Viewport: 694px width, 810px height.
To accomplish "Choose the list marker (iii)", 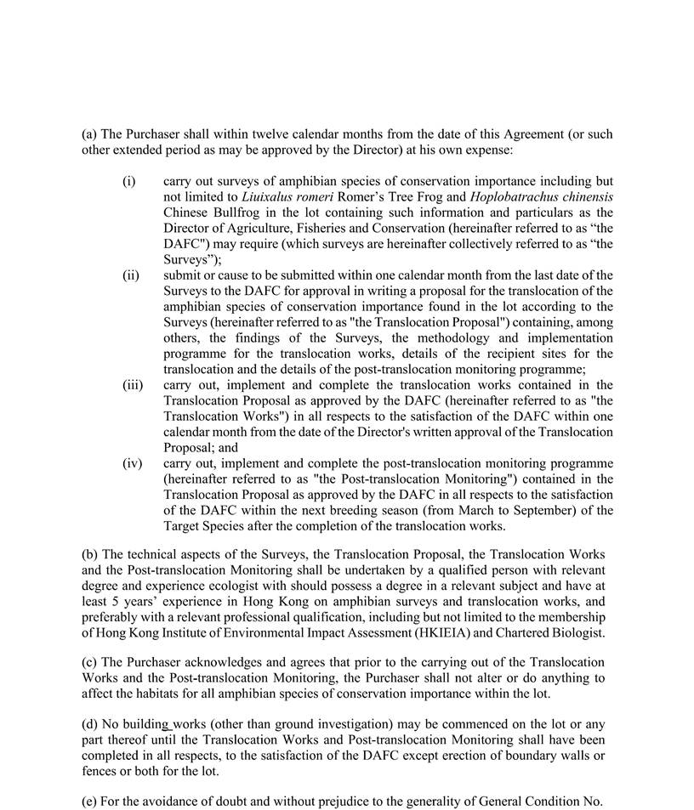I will click(x=132, y=384).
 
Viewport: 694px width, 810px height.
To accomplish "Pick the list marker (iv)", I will click(x=132, y=462).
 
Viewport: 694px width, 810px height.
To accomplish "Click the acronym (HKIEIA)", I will click(x=410, y=632).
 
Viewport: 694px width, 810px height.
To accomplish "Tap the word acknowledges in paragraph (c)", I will click(x=205, y=662).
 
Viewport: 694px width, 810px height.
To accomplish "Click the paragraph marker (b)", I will click(x=90, y=554).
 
